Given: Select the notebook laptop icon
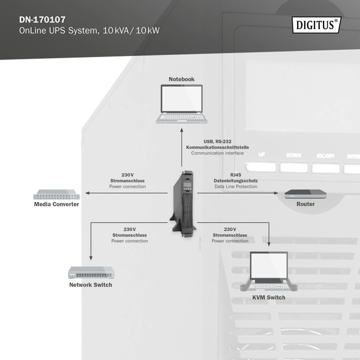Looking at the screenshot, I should (x=181, y=103).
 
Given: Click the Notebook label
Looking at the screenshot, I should (x=181, y=79).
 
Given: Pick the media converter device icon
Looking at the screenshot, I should (x=56, y=194).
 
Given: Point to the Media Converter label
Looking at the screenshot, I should (x=57, y=204).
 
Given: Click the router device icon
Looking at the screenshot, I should (x=305, y=194).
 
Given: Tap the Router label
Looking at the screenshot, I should (x=305, y=204).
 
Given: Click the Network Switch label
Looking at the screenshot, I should (x=90, y=285).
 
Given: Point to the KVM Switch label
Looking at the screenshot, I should (x=269, y=297).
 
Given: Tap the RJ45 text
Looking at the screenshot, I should (x=236, y=174).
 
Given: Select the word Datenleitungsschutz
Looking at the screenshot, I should (x=236, y=181).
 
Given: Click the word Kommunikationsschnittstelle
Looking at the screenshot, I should (x=217, y=147).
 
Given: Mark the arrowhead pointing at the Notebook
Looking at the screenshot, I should (x=181, y=129).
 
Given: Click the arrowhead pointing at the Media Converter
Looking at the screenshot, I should (x=87, y=193).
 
